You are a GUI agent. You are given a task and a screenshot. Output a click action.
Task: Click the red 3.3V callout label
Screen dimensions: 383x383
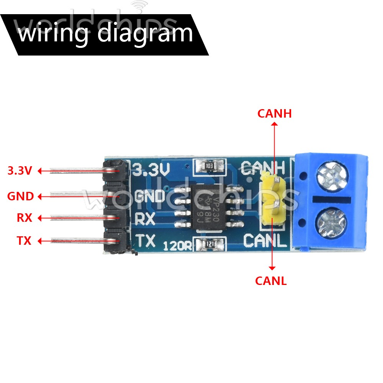point(20,171)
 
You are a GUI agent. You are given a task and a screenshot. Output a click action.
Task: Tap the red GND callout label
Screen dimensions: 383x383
point(20,197)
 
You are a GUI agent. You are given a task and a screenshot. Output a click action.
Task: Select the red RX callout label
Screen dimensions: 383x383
point(25,218)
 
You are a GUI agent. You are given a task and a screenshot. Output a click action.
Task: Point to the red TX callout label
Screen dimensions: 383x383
point(24,241)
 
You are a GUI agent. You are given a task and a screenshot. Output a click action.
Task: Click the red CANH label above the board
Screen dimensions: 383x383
point(274,114)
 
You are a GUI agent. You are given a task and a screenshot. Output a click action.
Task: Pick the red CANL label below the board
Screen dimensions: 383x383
point(271,281)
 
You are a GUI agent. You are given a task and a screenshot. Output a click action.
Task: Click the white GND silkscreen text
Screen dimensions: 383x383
point(150,196)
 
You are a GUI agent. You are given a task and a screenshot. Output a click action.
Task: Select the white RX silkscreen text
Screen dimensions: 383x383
point(145,219)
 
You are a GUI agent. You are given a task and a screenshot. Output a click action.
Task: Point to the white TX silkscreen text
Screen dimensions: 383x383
point(146,241)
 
